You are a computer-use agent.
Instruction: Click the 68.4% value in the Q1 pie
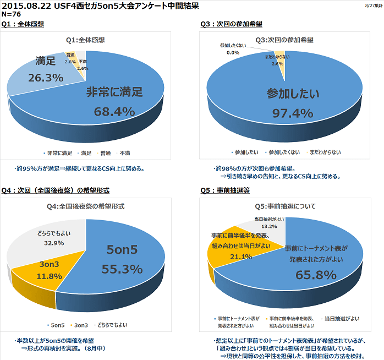(114, 112)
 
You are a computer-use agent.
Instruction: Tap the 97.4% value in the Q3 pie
(293, 113)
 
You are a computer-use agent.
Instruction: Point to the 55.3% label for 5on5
(122, 269)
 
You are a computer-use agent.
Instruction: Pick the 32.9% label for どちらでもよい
(54, 242)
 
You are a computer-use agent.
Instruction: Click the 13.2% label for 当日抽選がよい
(269, 226)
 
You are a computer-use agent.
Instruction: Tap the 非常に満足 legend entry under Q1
(58, 152)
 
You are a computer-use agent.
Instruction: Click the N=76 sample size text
(12, 14)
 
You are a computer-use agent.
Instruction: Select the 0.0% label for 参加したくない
(232, 53)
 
